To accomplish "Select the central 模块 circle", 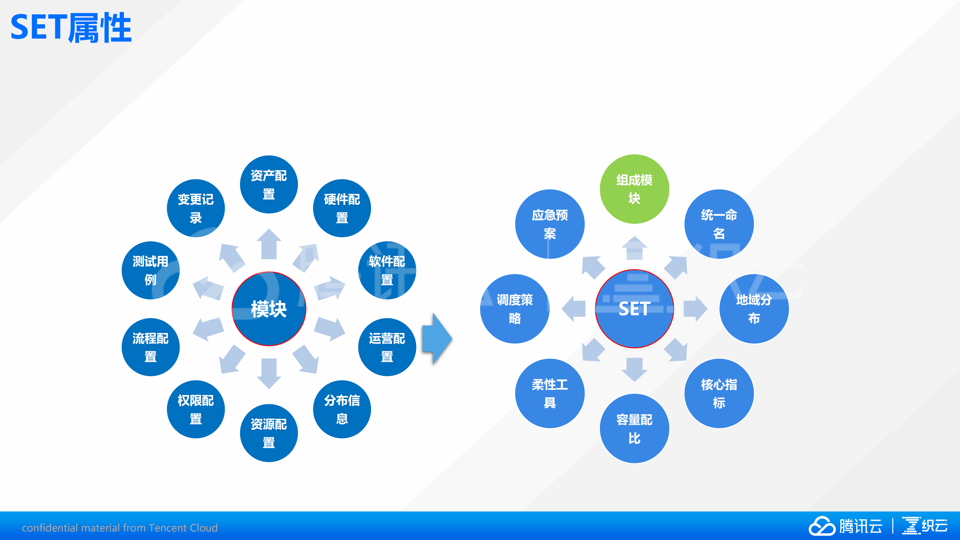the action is (269, 309).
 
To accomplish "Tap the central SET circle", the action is (634, 309).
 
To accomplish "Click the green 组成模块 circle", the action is (634, 189).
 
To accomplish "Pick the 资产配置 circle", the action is (269, 185).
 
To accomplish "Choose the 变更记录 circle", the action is (196, 208).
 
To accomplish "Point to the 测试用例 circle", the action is (151, 270).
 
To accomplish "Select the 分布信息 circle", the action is (342, 409).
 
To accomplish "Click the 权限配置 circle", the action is (196, 409).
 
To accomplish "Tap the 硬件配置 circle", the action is (342, 208).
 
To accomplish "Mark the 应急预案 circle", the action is (550, 224).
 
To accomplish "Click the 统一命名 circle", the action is (719, 224).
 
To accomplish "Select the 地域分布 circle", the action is (754, 309).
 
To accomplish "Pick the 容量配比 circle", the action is (634, 428).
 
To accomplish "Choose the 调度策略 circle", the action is (515, 309).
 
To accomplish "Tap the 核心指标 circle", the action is (719, 393).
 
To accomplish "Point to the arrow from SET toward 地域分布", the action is (695, 309).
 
